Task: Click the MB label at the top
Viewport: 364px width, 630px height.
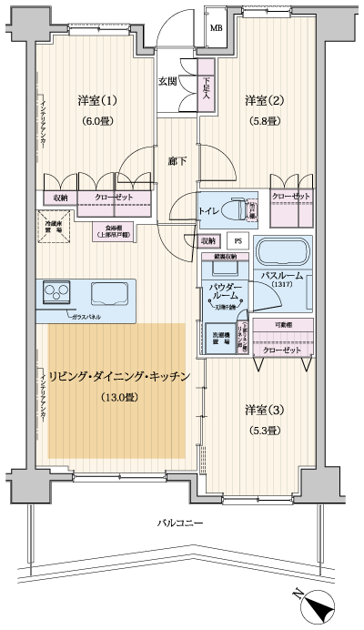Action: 217,27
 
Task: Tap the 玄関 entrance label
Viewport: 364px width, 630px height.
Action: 167,81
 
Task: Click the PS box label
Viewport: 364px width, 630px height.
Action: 238,241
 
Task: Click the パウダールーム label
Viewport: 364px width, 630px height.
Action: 225,291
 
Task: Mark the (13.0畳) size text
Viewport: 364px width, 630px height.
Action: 118,397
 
